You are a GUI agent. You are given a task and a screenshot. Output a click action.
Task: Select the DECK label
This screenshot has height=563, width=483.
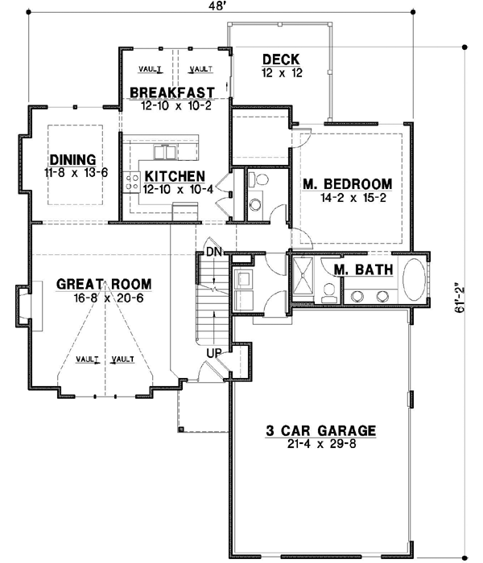pos(280,60)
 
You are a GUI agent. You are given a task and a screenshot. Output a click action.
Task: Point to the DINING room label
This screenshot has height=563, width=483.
pos(72,159)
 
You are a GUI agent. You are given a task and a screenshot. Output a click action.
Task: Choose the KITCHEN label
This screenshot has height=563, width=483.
pos(175,176)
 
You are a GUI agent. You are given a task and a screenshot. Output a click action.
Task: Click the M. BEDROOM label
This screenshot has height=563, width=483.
pos(347,183)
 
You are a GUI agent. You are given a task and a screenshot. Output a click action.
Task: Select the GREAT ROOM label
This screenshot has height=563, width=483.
pos(104,285)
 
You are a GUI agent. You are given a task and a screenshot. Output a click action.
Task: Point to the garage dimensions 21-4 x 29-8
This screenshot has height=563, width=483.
pos(321,443)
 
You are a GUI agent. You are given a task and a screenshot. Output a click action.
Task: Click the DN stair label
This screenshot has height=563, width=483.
pos(213,253)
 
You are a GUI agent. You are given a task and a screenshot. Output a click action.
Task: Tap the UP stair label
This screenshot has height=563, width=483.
pos(214,352)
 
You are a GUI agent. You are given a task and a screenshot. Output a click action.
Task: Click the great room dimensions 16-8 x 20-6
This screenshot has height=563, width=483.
pos(103,297)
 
